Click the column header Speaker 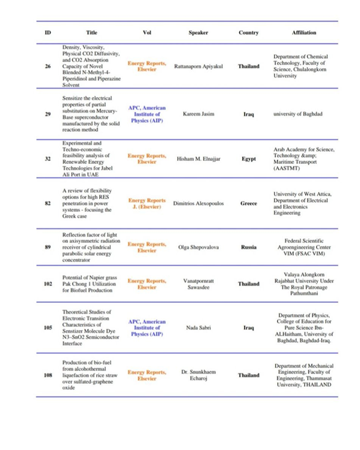coord(198,33)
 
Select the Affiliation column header coord(304,33)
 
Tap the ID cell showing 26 coord(48,66)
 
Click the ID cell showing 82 coord(48,203)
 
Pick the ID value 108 coord(48,375)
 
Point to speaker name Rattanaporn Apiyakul coord(198,66)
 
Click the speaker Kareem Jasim coord(198,114)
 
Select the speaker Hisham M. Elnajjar coord(198,159)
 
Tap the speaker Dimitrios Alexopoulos coord(198,203)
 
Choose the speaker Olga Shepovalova coord(198,247)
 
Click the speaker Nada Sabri coord(198,328)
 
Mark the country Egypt coord(249,159)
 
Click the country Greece coord(249,203)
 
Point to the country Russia coord(249,247)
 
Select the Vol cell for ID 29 coord(147,114)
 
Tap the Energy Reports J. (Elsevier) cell coord(147,203)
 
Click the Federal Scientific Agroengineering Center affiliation coord(304,247)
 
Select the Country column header coord(249,33)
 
